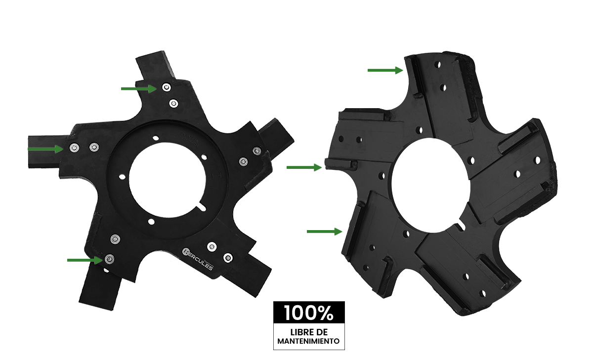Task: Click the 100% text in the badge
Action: (x=309, y=313)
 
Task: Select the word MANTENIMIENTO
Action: (x=308, y=341)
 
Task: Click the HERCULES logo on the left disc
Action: (x=198, y=259)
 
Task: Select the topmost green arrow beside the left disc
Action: (x=139, y=88)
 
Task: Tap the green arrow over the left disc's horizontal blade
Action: (x=45, y=149)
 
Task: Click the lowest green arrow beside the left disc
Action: (x=85, y=260)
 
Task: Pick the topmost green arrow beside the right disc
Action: (x=385, y=70)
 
